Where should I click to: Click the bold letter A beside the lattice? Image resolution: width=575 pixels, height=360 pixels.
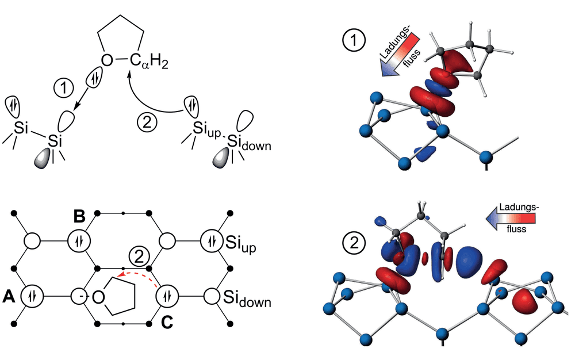coord(9,296)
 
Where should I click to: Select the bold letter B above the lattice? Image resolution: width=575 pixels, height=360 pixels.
coord(79,216)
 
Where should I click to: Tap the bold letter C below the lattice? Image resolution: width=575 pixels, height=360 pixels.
coord(167,322)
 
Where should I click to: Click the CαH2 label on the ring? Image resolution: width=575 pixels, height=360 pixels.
coord(149,62)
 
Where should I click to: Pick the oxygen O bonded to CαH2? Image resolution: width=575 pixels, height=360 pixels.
coord(107,60)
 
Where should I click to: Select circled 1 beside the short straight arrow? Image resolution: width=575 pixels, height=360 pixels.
coord(64,89)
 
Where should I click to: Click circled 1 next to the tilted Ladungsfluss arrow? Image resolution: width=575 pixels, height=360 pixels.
coord(354,40)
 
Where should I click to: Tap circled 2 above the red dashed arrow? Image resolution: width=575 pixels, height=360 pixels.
coord(140,258)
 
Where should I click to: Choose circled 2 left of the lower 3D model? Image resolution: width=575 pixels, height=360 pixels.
coord(354,243)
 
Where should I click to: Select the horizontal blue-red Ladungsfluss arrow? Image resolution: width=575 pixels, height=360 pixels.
coord(511,219)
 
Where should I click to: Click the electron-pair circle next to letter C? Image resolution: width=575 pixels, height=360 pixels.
coord(167,296)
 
